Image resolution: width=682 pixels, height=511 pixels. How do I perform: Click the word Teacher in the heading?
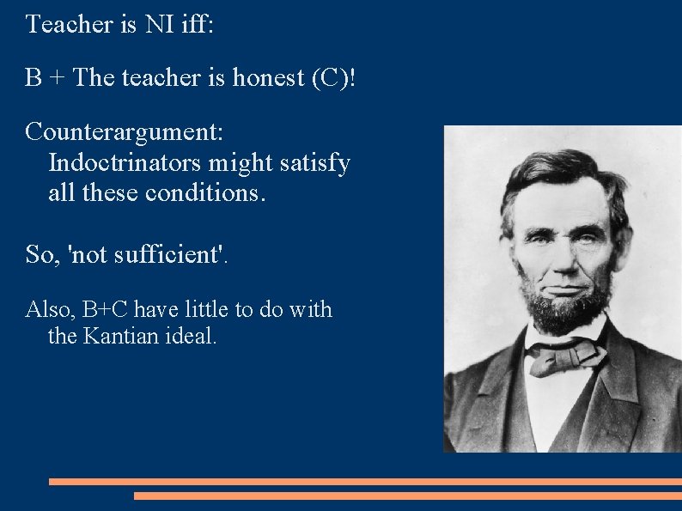(70, 24)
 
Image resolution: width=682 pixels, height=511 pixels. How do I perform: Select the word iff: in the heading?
(198, 24)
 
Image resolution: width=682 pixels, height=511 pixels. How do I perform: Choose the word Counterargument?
(125, 133)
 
